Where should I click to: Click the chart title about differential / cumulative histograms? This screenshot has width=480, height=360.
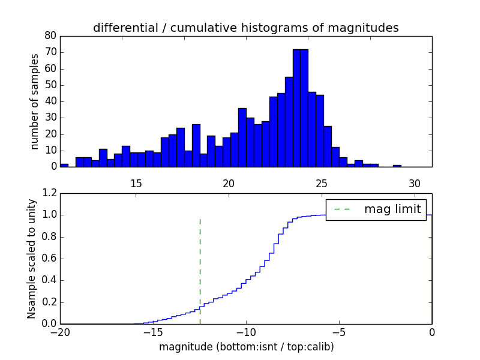click(x=245, y=28)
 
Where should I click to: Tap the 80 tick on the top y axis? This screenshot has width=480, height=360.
click(x=50, y=36)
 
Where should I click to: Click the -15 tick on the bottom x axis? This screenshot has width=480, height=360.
click(x=152, y=332)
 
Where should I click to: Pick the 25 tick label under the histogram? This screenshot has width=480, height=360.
click(x=322, y=182)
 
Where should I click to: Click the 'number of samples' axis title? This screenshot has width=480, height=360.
click(x=35, y=101)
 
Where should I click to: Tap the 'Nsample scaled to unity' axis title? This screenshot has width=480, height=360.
click(x=32, y=259)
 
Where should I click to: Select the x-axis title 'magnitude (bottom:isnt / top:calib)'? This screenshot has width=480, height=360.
click(x=246, y=347)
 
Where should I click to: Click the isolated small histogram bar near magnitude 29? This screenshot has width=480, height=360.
click(x=397, y=165)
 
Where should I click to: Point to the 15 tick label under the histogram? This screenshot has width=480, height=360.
click(x=136, y=182)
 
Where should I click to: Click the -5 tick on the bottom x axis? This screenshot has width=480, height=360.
click(x=338, y=332)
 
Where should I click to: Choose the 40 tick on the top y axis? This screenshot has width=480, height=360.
click(x=50, y=101)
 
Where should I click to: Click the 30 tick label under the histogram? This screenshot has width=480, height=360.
click(x=415, y=182)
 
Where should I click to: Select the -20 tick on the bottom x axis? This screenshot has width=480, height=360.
click(x=60, y=332)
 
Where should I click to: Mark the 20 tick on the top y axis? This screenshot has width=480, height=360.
click(x=50, y=134)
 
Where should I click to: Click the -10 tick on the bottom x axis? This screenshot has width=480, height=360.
click(x=245, y=332)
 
